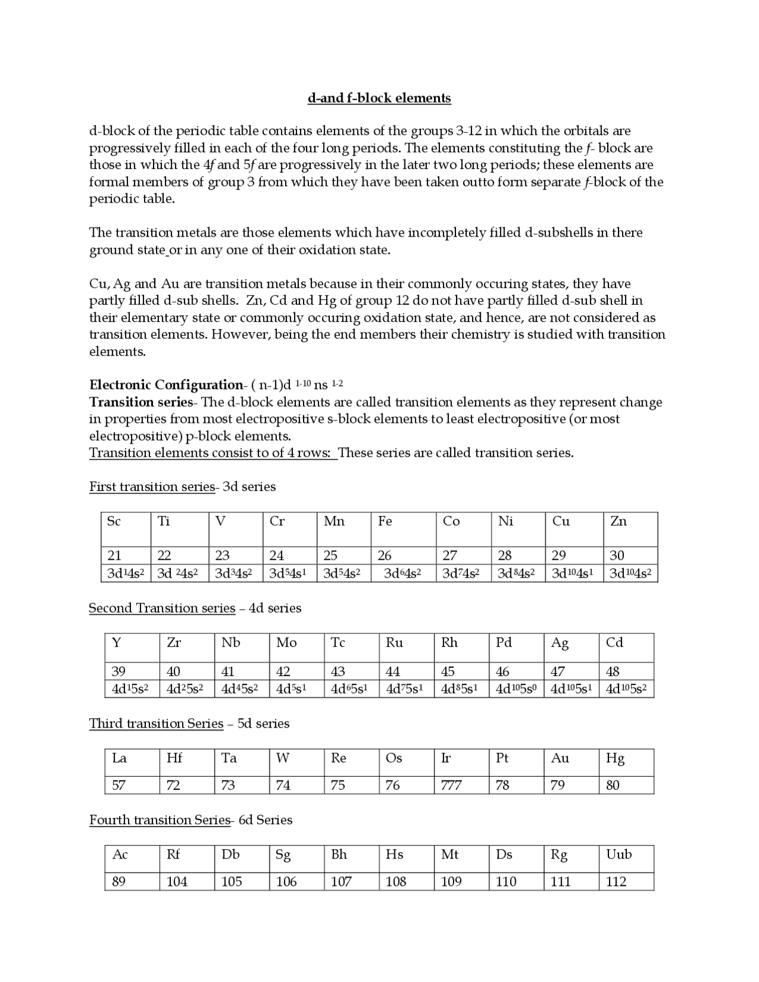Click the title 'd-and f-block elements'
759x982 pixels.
click(379, 98)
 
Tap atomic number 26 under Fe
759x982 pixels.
click(385, 556)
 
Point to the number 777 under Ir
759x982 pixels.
click(451, 786)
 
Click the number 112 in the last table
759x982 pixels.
click(616, 882)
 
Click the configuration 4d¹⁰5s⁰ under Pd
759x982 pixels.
click(516, 689)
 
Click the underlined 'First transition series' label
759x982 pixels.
click(152, 487)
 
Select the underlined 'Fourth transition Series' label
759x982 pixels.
click(160, 820)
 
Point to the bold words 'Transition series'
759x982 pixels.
click(141, 402)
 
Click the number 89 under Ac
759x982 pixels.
click(119, 882)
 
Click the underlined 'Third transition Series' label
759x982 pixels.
click(156, 723)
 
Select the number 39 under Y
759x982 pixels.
click(119, 671)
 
